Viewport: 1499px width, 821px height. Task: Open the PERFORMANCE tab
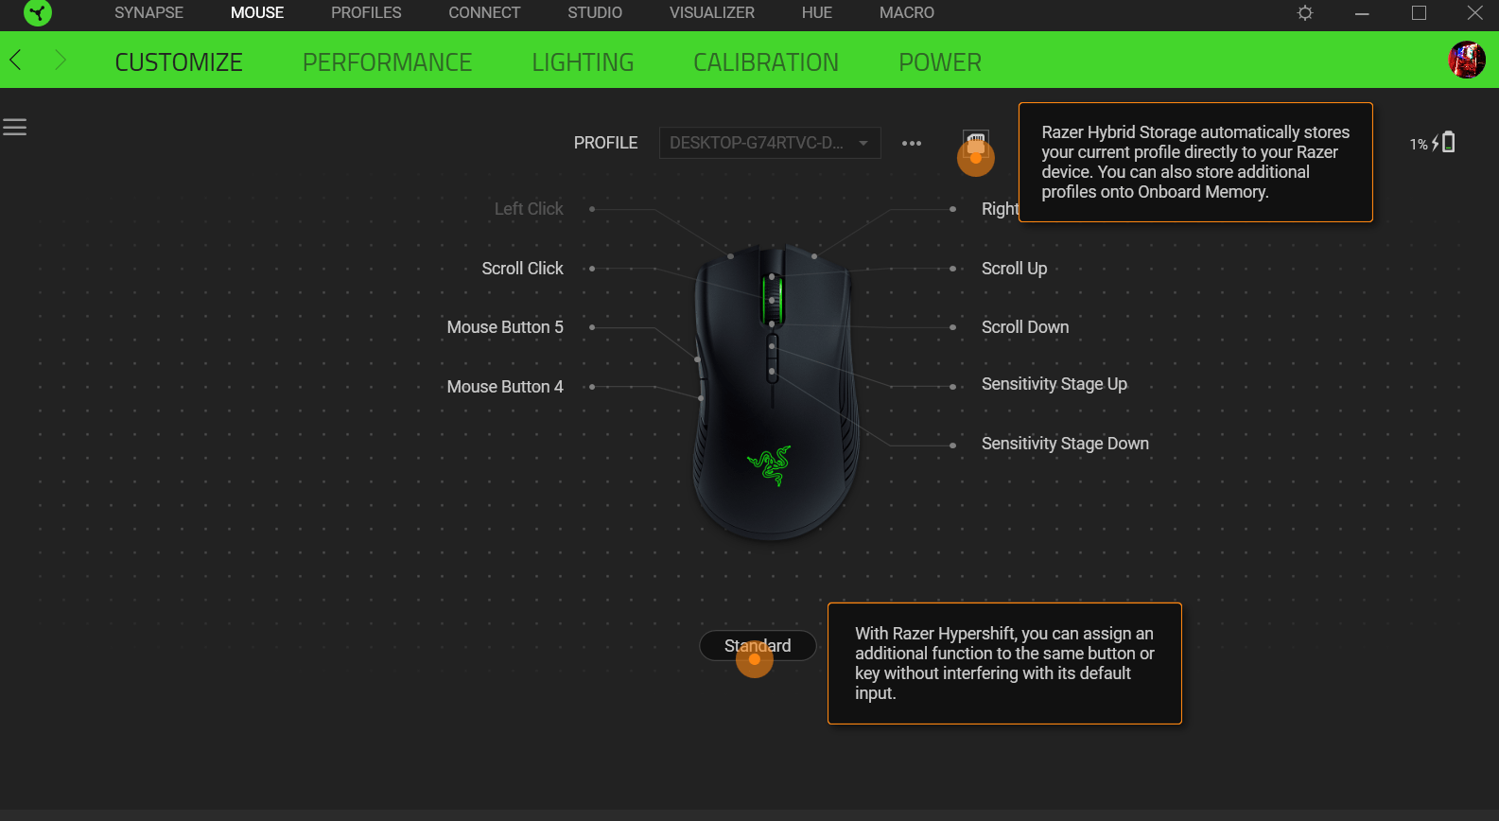tap(387, 62)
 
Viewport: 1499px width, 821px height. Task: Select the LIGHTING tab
tap(583, 62)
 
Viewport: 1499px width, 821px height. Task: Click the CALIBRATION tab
tap(765, 62)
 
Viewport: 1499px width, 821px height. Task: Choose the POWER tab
tap(939, 62)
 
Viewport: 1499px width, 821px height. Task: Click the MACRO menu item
tap(906, 13)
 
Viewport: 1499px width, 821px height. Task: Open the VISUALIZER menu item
tap(711, 13)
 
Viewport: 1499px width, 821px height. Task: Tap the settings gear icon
tap(1305, 13)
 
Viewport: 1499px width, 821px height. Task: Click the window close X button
tap(1474, 13)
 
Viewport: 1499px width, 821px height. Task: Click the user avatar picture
tap(1466, 61)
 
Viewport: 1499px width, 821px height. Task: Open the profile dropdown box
tap(769, 143)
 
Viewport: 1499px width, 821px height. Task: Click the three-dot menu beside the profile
tap(912, 144)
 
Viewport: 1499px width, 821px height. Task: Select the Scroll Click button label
tap(522, 269)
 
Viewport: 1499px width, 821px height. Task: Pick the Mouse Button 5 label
tap(505, 327)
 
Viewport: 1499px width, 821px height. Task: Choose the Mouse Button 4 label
tap(505, 387)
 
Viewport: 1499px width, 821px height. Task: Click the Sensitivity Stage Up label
tap(1054, 384)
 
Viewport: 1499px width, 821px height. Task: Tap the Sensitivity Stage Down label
tap(1065, 444)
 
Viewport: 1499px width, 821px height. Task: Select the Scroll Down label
tap(1025, 327)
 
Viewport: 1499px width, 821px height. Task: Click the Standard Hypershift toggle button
tap(758, 646)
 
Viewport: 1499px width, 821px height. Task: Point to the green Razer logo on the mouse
tap(769, 464)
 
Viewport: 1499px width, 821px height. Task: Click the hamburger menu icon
tap(14, 127)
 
